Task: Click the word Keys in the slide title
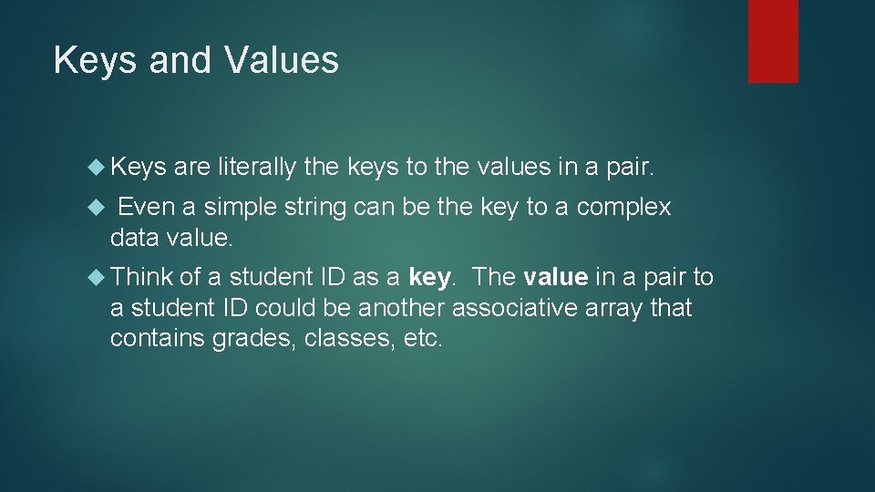point(87,61)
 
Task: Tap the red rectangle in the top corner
point(773,41)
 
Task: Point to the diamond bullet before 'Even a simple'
point(101,208)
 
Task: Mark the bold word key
point(430,277)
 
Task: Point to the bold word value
point(555,277)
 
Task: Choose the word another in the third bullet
point(401,309)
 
